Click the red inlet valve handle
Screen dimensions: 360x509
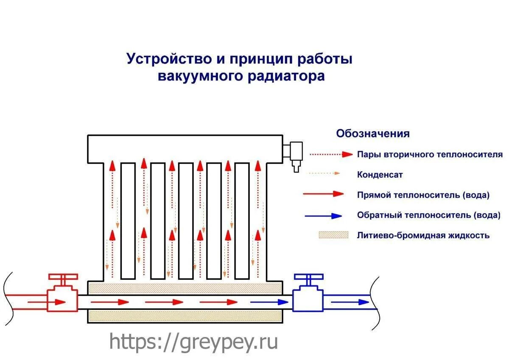[63, 277]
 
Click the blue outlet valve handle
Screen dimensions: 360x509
[308, 277]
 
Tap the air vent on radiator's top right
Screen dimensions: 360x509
[295, 154]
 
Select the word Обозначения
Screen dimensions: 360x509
[373, 134]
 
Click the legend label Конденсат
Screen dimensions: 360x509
[380, 174]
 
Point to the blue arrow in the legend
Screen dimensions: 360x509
[323, 215]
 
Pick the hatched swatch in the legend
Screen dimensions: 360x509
[333, 235]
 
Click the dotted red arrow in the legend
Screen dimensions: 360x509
[331, 154]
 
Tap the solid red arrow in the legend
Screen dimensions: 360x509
[323, 194]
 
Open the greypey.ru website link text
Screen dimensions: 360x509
[193, 341]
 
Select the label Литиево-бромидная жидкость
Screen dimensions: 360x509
[423, 235]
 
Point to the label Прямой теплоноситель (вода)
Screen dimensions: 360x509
[423, 195]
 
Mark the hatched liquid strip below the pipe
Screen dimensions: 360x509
[185, 316]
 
